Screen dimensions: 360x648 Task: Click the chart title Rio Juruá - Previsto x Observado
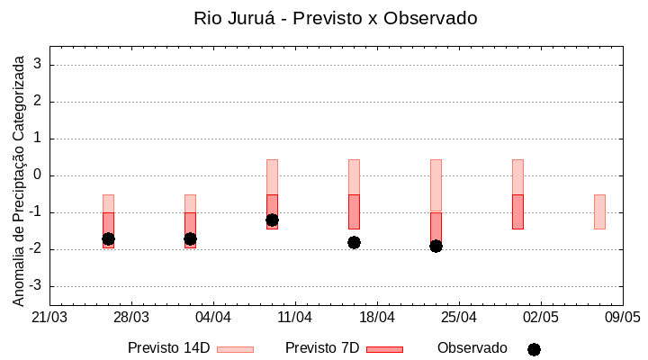336,18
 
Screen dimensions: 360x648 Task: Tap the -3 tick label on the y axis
37,286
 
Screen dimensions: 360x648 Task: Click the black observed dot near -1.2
272,220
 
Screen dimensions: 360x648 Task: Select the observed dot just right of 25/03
108,238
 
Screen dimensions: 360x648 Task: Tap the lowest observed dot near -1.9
436,246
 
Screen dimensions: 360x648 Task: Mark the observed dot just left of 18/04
354,242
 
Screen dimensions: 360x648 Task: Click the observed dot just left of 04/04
190,238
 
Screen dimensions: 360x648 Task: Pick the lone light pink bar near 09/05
599,211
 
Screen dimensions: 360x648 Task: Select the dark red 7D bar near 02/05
517,211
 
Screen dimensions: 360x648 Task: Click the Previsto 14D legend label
168,348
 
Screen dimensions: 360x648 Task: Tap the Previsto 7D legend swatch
384,349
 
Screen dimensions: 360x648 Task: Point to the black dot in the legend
534,349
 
